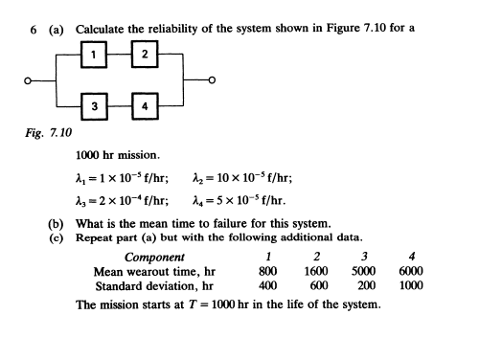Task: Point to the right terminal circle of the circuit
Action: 224,80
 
